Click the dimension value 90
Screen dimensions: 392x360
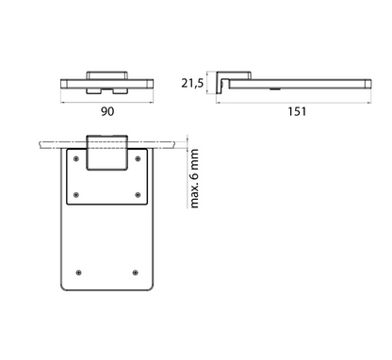coord(107,111)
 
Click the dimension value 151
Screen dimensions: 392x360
coord(297,111)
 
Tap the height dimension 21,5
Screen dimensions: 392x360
coord(192,83)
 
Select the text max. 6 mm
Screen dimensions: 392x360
coord(194,178)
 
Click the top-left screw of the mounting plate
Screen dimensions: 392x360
coord(76,159)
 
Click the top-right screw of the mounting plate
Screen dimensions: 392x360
coord(138,159)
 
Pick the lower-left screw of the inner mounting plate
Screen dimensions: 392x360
coord(76,195)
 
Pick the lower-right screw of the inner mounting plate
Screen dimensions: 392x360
coord(138,195)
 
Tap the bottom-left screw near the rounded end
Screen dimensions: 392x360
coord(79,272)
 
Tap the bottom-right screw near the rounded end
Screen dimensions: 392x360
coord(135,272)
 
